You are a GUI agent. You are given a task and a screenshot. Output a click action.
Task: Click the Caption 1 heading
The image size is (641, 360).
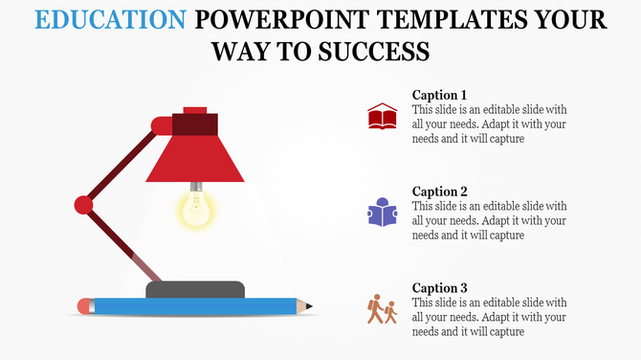pos(439,95)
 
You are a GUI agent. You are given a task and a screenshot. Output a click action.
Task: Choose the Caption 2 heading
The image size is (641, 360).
pos(439,191)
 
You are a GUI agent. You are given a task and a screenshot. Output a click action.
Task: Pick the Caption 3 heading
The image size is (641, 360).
pos(439,287)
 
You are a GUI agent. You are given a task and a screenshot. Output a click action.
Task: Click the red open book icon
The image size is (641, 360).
pos(382,118)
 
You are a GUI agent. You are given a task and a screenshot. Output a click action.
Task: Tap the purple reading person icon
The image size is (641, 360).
pos(382,213)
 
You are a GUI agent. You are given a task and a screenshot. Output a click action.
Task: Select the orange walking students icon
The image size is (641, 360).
pos(382,309)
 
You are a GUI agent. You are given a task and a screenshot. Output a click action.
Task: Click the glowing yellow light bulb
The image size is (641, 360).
pos(196,209)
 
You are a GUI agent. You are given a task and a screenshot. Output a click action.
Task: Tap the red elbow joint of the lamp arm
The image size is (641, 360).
pos(84,204)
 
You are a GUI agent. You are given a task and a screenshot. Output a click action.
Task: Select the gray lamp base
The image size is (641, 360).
pos(194,289)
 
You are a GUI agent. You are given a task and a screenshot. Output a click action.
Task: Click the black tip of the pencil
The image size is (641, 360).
pos(310,306)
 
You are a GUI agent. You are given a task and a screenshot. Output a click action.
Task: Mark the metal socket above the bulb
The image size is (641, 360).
pos(196,185)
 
